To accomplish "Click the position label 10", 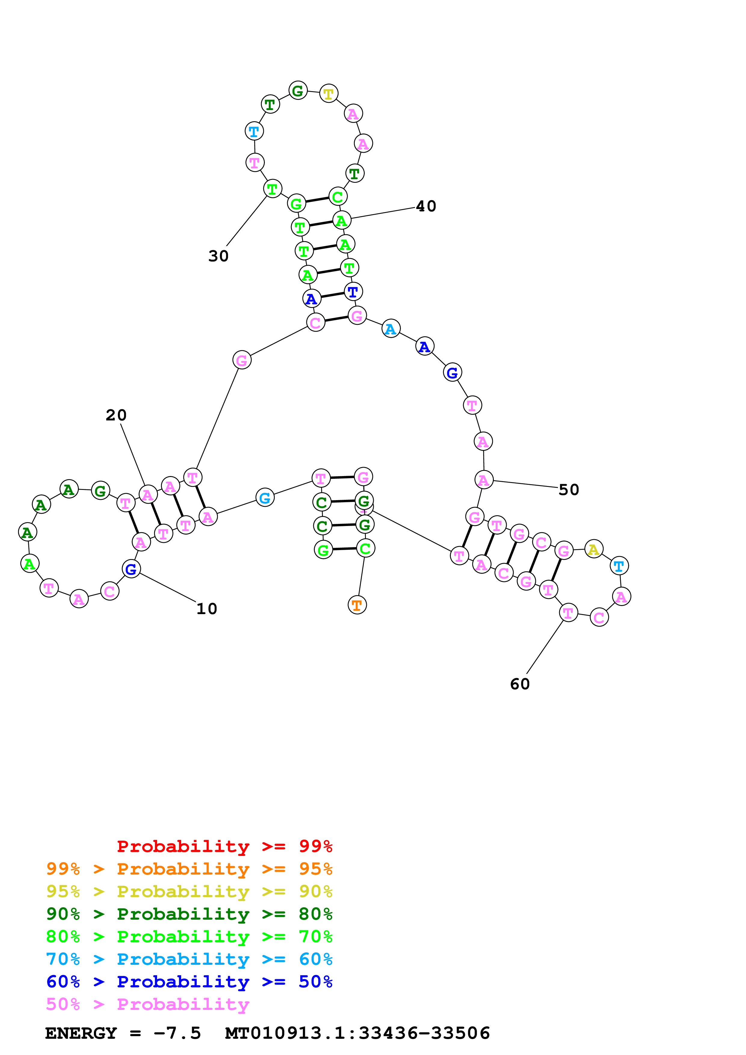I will [206, 609].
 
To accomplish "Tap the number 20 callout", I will [116, 415].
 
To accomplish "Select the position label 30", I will [218, 256].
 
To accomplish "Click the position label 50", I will [568, 490].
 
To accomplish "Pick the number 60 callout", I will [520, 684].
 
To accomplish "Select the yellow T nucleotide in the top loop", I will [329, 94].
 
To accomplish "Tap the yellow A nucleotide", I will [593, 549].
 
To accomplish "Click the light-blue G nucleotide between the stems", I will [265, 498].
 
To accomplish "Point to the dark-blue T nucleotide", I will [353, 292].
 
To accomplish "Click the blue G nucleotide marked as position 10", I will [131, 569].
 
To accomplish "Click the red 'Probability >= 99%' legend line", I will [224, 846].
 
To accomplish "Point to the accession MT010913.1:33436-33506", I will [357, 1033].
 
